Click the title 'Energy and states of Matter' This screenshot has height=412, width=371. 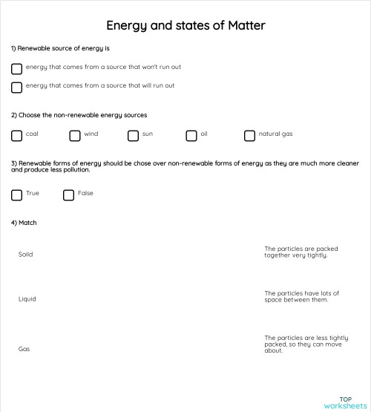click(x=185, y=25)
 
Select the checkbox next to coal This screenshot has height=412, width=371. click(x=17, y=136)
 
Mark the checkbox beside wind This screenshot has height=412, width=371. click(x=75, y=136)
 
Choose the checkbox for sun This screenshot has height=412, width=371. click(x=134, y=136)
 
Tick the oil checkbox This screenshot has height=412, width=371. click(x=191, y=136)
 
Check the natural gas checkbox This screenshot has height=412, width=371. click(x=250, y=136)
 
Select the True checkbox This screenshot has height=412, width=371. click(x=17, y=195)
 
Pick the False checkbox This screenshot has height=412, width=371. click(x=69, y=195)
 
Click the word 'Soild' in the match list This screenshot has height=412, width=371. click(x=26, y=255)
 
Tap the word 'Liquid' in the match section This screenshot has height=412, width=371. click(x=27, y=299)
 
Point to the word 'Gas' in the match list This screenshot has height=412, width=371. click(x=24, y=349)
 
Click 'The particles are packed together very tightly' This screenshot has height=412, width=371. click(x=301, y=252)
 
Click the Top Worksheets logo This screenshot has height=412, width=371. click(x=345, y=402)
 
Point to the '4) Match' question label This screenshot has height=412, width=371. click(x=24, y=223)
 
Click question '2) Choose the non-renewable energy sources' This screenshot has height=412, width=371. click(x=79, y=115)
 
